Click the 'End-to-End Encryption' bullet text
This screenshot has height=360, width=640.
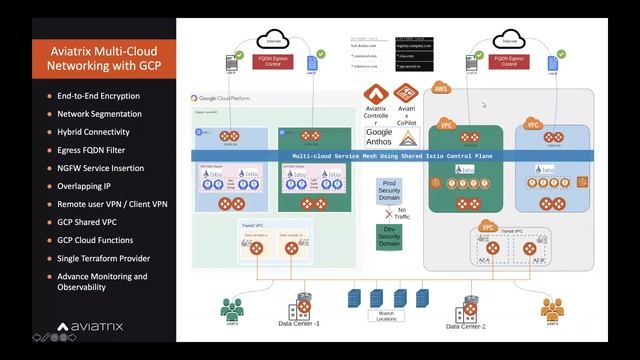(98, 96)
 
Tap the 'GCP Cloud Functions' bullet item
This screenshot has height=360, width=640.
(96, 240)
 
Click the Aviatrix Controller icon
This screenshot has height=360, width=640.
(379, 97)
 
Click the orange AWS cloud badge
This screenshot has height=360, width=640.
(440, 89)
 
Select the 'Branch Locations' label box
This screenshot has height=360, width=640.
(387, 315)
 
